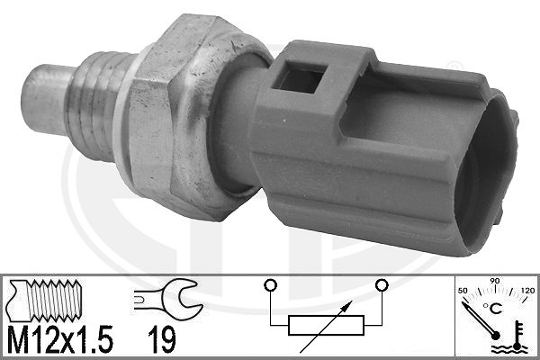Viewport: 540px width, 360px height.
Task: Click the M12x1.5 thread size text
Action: click(60, 338)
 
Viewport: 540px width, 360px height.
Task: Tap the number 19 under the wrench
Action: click(162, 339)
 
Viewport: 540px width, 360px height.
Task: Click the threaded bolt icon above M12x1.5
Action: click(46, 301)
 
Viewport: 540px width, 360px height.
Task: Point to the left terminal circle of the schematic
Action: click(270, 285)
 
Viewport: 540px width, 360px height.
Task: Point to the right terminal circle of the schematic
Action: click(382, 285)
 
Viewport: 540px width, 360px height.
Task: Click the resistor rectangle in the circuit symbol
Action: click(326, 325)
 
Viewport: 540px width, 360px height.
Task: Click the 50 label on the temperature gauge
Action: click(463, 291)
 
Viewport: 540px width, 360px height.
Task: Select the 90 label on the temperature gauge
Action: click(494, 281)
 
